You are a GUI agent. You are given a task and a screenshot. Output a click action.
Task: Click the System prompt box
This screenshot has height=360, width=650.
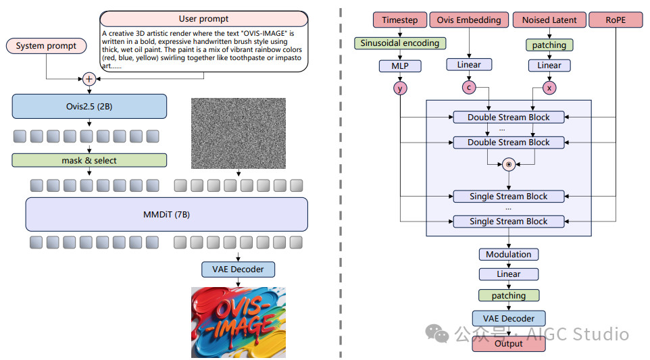(47, 46)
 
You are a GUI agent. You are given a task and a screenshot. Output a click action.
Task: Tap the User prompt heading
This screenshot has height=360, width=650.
(203, 19)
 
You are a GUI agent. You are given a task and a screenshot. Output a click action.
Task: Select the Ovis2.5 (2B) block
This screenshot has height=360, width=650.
(89, 106)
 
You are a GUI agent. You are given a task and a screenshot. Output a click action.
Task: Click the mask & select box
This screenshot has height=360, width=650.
(89, 160)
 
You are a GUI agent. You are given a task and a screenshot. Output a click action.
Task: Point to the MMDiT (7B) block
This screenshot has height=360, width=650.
(166, 215)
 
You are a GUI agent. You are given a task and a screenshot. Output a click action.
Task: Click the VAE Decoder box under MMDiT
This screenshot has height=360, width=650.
(239, 269)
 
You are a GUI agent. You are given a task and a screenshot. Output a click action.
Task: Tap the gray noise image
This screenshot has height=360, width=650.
(239, 134)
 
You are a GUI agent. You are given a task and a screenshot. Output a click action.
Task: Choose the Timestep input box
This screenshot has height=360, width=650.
(399, 20)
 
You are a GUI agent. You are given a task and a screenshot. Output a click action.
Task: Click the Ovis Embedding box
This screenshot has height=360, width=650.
(469, 20)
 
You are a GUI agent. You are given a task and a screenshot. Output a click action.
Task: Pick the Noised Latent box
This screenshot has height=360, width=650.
(549, 20)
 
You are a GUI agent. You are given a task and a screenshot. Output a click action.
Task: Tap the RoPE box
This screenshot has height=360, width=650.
(616, 20)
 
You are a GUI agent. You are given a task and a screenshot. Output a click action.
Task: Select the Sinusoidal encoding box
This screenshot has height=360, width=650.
(399, 43)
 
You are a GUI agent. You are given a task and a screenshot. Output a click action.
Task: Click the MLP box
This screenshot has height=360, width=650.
(399, 66)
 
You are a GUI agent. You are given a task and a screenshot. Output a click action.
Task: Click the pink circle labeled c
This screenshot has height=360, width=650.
(469, 87)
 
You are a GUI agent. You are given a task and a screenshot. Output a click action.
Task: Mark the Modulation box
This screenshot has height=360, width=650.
(509, 254)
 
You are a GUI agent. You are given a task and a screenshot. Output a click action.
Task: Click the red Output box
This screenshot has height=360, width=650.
(509, 343)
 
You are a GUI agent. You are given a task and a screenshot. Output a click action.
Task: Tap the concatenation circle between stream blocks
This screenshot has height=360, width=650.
(509, 164)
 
